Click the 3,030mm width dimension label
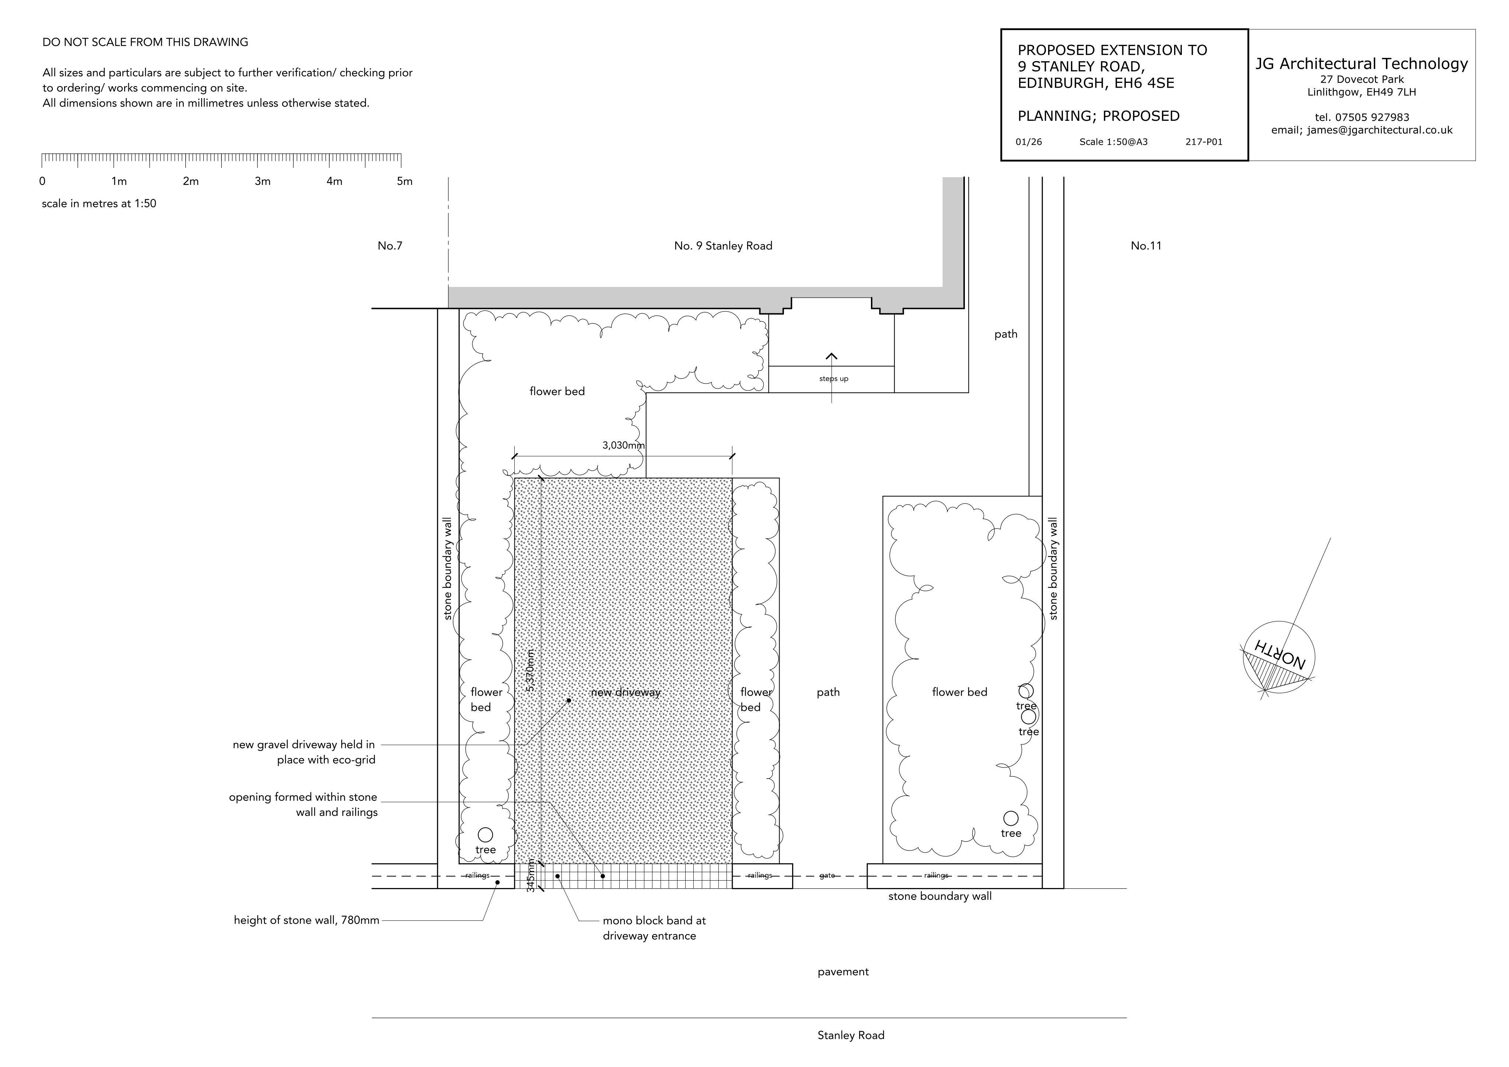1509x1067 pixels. tap(623, 445)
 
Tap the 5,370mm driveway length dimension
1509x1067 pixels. tap(531, 670)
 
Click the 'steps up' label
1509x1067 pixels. tap(833, 379)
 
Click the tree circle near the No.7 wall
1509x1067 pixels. tap(485, 835)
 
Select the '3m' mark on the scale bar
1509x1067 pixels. tap(262, 181)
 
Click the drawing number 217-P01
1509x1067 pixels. tap(1204, 142)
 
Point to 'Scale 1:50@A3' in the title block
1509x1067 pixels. tap(1113, 142)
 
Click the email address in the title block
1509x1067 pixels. tap(1362, 130)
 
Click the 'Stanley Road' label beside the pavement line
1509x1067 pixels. tap(851, 1035)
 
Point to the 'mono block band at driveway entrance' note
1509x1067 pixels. tap(654, 929)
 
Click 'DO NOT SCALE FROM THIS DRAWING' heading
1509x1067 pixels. tap(145, 42)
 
